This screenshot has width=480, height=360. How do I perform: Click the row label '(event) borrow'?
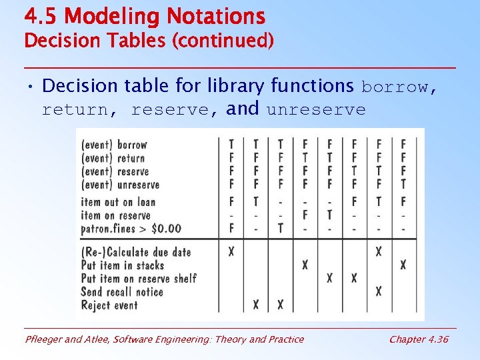pyautogui.click(x=113, y=145)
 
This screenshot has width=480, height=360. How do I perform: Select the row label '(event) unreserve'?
pyautogui.click(x=120, y=185)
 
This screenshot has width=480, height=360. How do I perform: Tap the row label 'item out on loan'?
pyautogui.click(x=118, y=202)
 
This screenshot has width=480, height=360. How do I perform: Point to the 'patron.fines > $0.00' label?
pyautogui.click(x=131, y=229)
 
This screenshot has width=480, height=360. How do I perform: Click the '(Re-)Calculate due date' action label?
pyautogui.click(x=136, y=252)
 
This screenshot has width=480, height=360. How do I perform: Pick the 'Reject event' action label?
pyautogui.click(x=109, y=305)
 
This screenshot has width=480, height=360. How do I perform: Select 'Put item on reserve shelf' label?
pyautogui.click(x=138, y=279)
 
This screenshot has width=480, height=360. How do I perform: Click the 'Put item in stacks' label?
pyautogui.click(x=122, y=265)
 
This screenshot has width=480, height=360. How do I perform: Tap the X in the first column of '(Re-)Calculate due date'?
pyautogui.click(x=231, y=252)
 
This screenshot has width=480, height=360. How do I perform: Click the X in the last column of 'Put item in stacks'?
pyautogui.click(x=403, y=265)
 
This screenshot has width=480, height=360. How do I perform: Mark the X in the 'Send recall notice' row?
pyautogui.click(x=379, y=291)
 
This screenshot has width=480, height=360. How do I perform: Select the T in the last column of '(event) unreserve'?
pyautogui.click(x=403, y=185)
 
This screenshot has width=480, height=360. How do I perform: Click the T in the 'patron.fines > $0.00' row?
pyautogui.click(x=281, y=229)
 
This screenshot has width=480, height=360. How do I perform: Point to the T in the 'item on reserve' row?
pyautogui.click(x=329, y=215)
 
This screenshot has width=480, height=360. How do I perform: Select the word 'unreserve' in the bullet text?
pyautogui.click(x=316, y=109)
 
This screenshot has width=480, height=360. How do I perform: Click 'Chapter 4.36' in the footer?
pyautogui.click(x=419, y=339)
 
